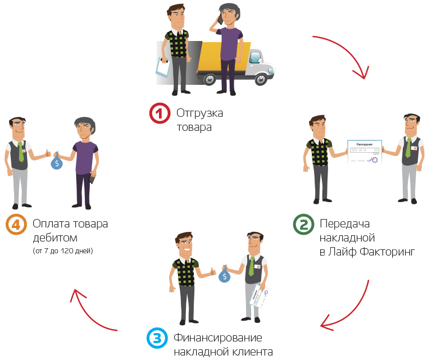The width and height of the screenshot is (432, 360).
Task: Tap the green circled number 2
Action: (303, 225)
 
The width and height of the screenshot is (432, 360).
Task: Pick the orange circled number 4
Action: (16, 225)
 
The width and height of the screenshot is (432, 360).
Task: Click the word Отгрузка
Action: (199, 113)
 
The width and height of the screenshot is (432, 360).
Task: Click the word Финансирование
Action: (218, 338)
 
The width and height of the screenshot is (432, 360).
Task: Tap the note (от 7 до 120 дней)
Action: (63, 250)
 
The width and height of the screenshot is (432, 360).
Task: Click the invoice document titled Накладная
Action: (364, 152)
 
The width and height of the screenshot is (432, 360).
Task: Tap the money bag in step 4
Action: (57, 163)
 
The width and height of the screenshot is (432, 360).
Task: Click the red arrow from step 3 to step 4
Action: (90, 312)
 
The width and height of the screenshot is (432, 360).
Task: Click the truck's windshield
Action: (255, 57)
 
